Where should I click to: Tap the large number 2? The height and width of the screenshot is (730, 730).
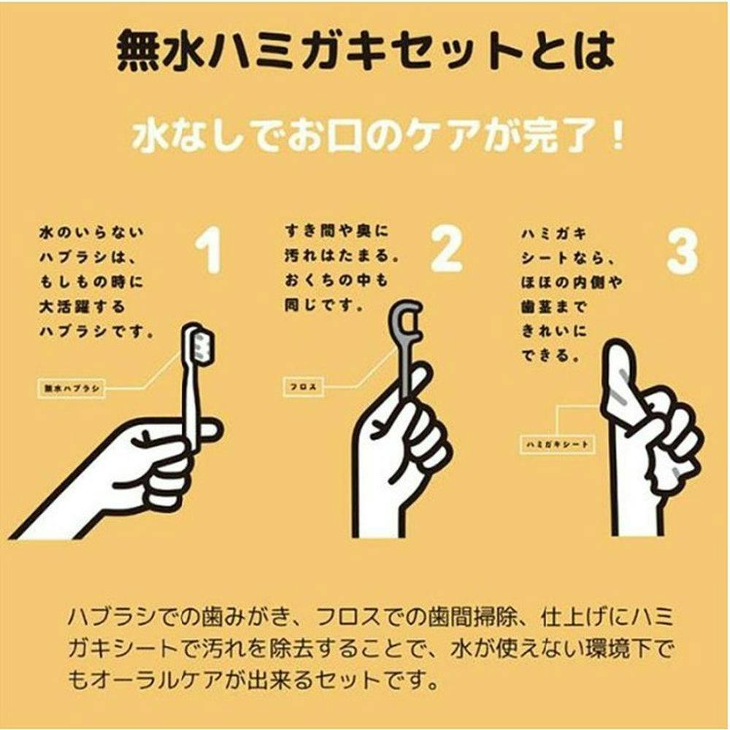point(445,248)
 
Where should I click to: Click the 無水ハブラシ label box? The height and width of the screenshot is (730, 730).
point(69,388)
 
